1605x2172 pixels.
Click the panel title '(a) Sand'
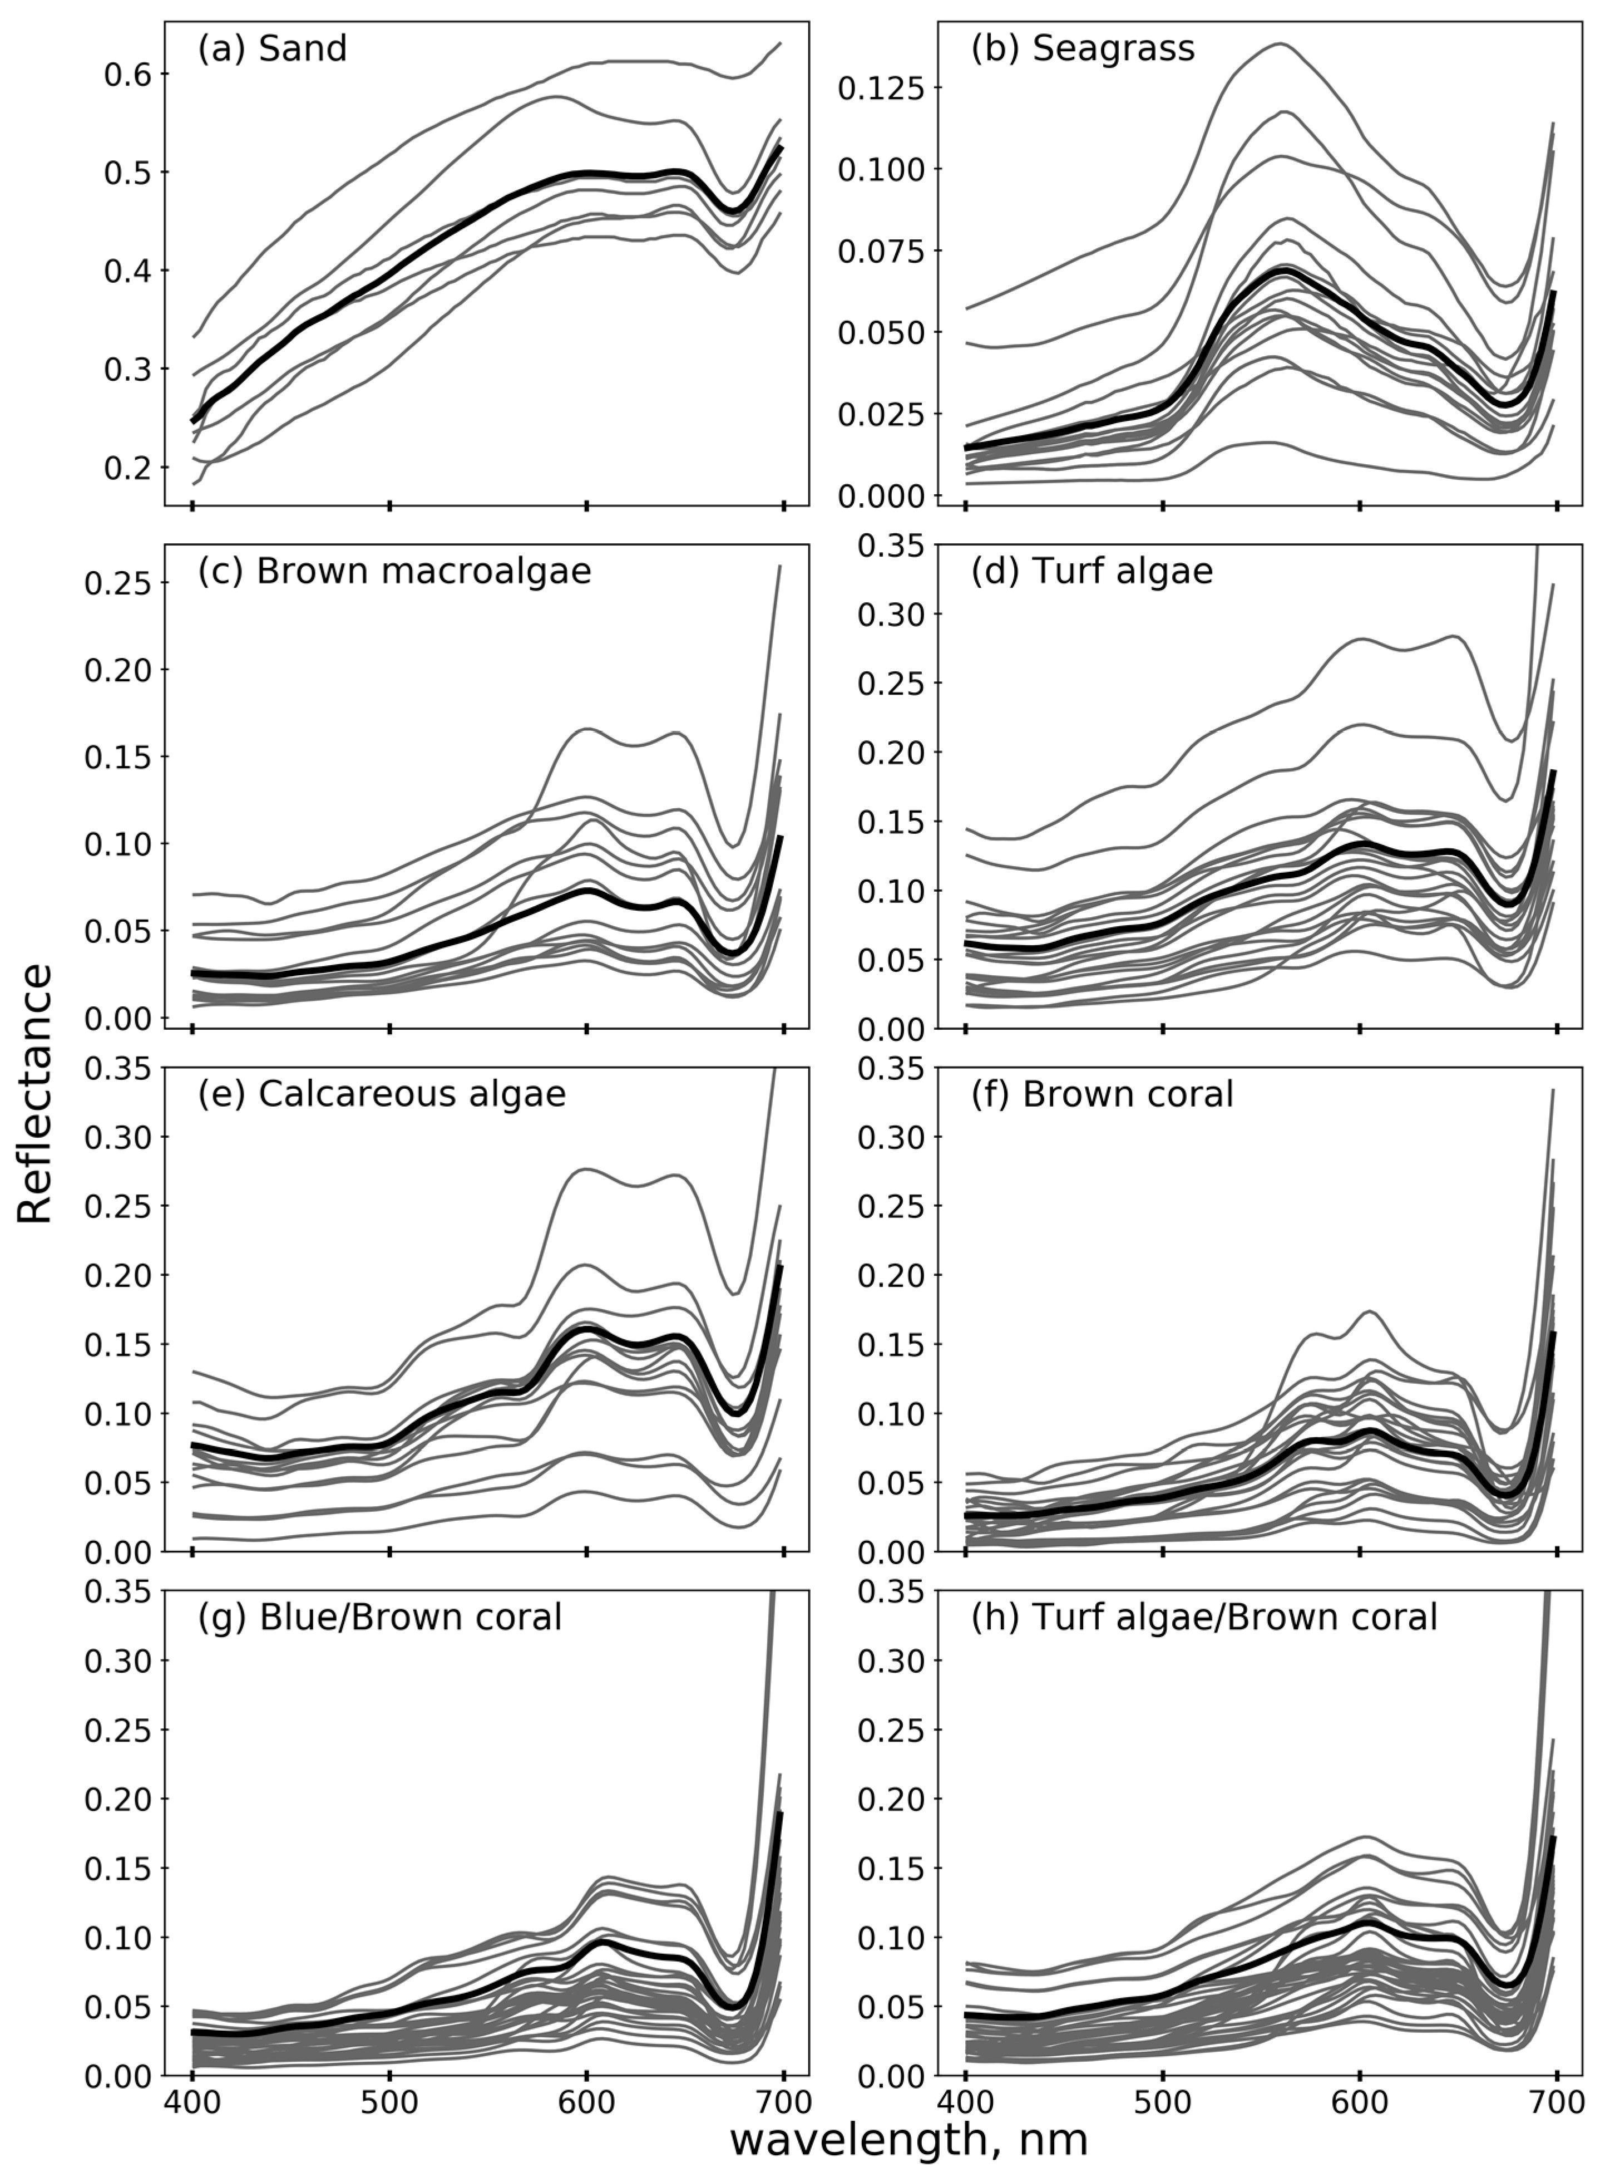pyautogui.click(x=272, y=48)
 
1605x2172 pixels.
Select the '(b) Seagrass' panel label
pyautogui.click(x=1082, y=48)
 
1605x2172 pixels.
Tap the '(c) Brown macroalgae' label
pyautogui.click(x=394, y=572)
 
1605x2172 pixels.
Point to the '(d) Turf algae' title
pyautogui.click(x=1092, y=572)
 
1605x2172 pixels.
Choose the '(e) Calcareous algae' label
pyautogui.click(x=382, y=1094)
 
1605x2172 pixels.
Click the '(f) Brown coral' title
pyautogui.click(x=1102, y=1094)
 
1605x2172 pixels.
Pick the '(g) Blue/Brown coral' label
pyautogui.click(x=380, y=1617)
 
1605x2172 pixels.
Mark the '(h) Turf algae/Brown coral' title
pyautogui.click(x=1204, y=1617)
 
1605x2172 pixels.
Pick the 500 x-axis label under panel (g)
pyautogui.click(x=389, y=2103)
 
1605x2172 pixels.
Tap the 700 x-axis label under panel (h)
pyautogui.click(x=1557, y=2103)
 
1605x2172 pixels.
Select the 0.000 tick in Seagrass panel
pyautogui.click(x=880, y=497)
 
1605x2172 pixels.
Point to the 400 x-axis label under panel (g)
pyautogui.click(x=192, y=2103)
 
